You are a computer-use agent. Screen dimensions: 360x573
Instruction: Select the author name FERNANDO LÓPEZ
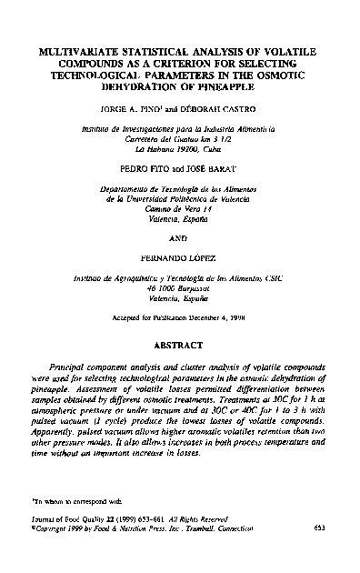pos(178,260)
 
